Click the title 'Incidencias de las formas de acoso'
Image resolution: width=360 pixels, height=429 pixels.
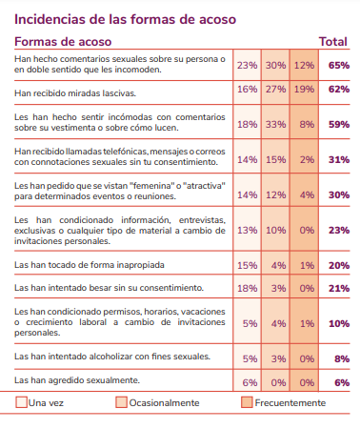tap(125, 19)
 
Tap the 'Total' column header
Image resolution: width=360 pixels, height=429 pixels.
tap(333, 42)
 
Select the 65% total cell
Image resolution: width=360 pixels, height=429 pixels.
tap(339, 65)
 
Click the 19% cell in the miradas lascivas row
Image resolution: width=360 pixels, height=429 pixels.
tap(304, 89)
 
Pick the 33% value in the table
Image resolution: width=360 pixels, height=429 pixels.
tap(276, 124)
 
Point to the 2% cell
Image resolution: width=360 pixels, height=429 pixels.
tap(307, 159)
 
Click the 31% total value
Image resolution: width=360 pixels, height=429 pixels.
tap(339, 159)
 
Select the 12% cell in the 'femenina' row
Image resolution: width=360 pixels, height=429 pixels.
tap(276, 194)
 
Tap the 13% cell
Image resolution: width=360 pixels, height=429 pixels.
tap(248, 230)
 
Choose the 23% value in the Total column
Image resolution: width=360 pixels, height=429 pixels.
tap(339, 230)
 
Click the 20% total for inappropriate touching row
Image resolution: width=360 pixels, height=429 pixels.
tap(339, 265)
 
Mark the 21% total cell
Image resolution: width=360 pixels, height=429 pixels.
tap(339, 288)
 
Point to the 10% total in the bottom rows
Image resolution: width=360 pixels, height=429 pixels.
tap(339, 323)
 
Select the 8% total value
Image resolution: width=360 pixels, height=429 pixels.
tap(342, 358)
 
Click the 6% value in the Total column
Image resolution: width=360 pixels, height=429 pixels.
tap(342, 382)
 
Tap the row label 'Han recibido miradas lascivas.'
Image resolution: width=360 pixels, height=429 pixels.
tap(75, 93)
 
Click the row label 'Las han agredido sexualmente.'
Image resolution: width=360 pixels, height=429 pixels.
tap(77, 380)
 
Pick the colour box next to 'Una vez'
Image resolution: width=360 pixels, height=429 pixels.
tap(21, 402)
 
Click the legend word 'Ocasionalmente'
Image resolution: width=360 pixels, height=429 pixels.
tap(164, 403)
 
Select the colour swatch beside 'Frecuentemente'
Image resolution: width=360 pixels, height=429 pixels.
tap(247, 402)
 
